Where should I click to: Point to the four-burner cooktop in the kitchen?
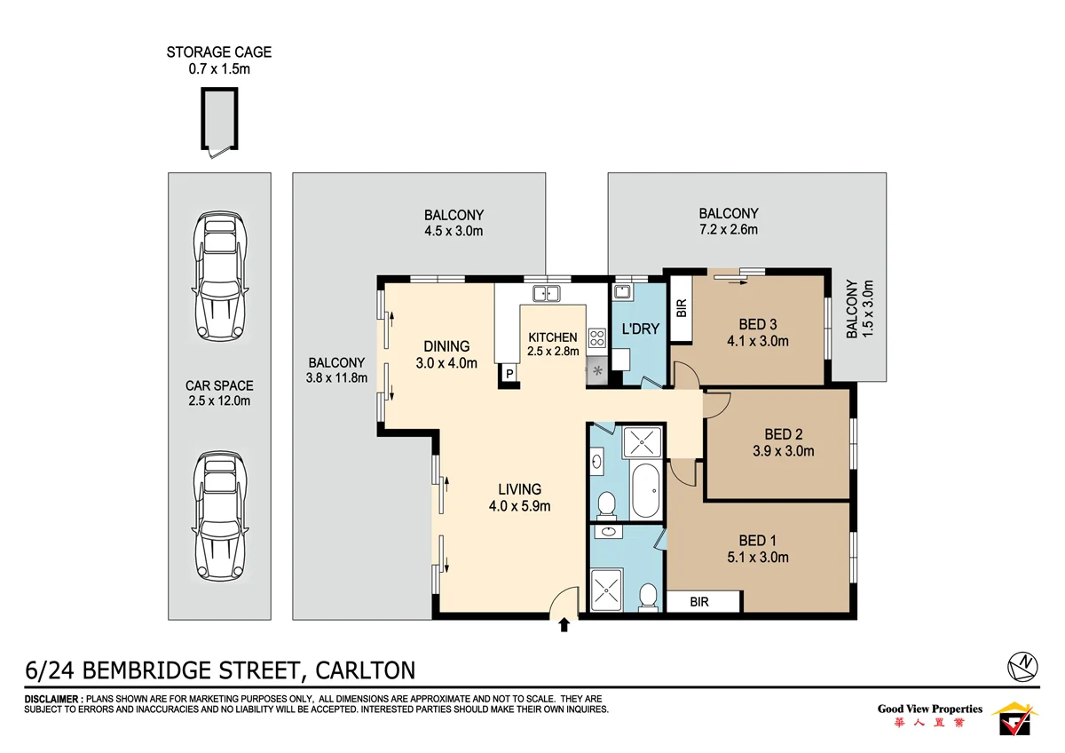(596, 337)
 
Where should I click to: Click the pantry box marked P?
(509, 374)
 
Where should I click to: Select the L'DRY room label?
(640, 329)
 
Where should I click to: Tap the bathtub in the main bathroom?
(645, 490)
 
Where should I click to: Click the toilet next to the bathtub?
(607, 504)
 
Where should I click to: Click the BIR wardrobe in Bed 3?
(682, 308)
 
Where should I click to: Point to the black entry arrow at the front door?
(564, 626)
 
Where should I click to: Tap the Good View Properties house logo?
(1014, 717)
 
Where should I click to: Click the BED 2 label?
(783, 434)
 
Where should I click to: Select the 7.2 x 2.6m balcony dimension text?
(728, 230)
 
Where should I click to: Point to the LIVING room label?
(519, 489)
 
